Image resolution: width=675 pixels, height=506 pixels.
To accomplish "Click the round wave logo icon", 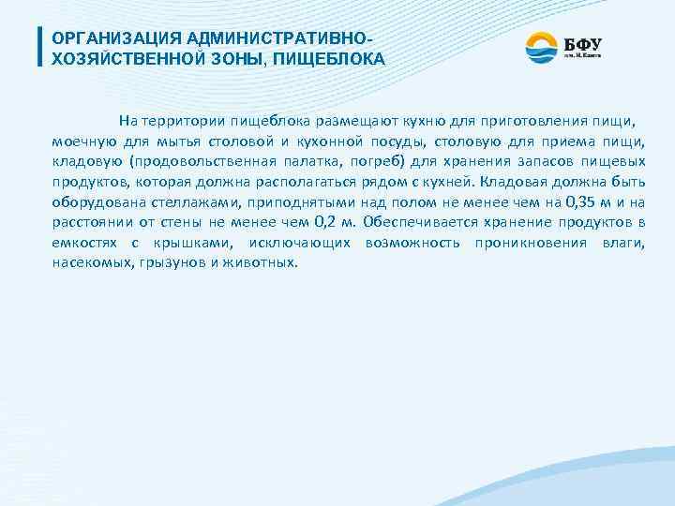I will [x=541, y=47].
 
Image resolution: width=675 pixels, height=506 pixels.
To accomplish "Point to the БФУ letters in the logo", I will [x=582, y=43].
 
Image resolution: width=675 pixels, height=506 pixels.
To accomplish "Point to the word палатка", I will [x=305, y=161].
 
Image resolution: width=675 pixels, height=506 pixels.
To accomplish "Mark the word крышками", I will [x=193, y=243].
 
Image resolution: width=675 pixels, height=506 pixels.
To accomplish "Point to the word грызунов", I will [x=171, y=263].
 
